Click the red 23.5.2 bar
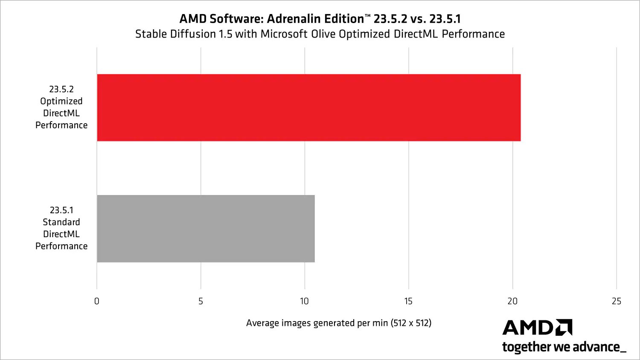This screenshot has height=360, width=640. [308, 107]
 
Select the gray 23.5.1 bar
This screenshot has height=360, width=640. [206, 229]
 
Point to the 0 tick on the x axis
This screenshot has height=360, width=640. [97, 301]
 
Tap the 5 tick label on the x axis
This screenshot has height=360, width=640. [201, 301]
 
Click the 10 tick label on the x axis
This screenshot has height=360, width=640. [304, 301]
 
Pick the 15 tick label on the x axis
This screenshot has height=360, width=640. [408, 301]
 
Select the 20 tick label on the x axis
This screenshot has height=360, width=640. [512, 301]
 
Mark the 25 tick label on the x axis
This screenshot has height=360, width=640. [617, 301]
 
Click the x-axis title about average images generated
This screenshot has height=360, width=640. [338, 323]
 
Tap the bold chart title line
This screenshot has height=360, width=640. [320, 19]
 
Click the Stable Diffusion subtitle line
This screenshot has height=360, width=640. [320, 34]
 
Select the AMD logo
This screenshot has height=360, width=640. [537, 328]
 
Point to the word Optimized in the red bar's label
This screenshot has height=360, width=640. [61, 102]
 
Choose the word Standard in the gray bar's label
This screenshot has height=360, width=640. [61, 222]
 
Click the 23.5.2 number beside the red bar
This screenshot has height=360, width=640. [61, 89]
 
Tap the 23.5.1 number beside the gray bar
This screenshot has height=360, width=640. [61, 210]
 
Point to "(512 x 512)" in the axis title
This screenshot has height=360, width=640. [411, 323]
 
